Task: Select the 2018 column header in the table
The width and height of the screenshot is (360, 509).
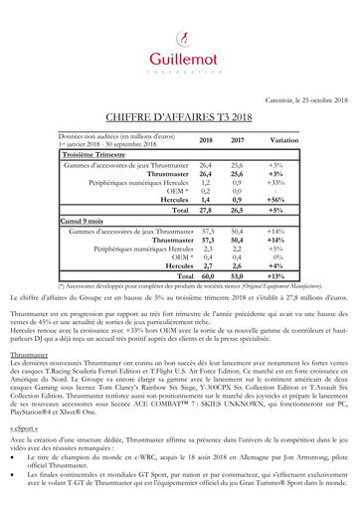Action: point(206,140)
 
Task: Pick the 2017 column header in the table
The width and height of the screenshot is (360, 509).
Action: point(237,140)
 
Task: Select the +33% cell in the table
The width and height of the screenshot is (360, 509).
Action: point(276,184)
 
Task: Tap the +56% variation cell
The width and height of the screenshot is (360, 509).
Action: point(276,200)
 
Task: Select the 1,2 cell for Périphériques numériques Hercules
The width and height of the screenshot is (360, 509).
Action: point(206,184)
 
